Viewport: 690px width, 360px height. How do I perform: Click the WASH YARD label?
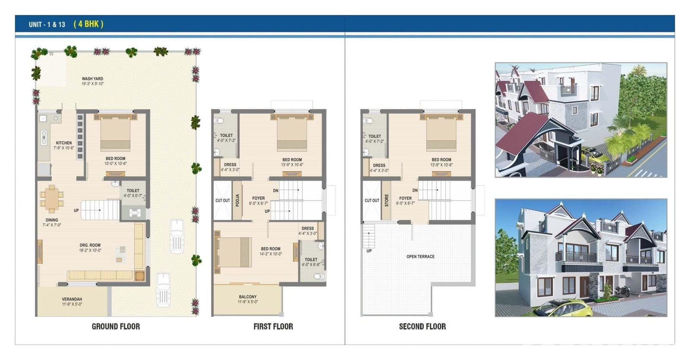pyautogui.click(x=92, y=79)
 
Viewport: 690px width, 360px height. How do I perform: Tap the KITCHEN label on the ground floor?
pyautogui.click(x=64, y=143)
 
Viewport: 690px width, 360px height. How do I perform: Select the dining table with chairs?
pyautogui.click(x=52, y=199)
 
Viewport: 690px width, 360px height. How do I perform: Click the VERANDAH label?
pyautogui.click(x=72, y=299)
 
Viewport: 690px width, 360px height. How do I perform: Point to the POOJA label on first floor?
pyautogui.click(x=238, y=200)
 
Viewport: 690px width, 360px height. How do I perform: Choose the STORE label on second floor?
pyautogui.click(x=386, y=200)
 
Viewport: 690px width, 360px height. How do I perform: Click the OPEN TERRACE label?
pyautogui.click(x=420, y=257)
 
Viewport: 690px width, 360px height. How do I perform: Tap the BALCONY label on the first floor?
pyautogui.click(x=248, y=297)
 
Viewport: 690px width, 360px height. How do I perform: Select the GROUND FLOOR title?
pyautogui.click(x=116, y=326)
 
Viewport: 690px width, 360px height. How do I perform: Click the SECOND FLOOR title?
pyautogui.click(x=422, y=326)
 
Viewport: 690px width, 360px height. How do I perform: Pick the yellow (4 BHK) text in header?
pyautogui.click(x=88, y=24)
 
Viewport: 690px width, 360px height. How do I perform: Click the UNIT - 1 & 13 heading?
pyautogui.click(x=47, y=24)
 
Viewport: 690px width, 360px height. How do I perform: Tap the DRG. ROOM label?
pyautogui.click(x=90, y=245)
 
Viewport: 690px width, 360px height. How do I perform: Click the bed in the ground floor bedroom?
pyautogui.click(x=115, y=132)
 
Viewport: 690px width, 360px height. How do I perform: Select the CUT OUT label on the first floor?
pyautogui.click(x=223, y=200)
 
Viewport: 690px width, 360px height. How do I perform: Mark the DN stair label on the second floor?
pyautogui.click(x=415, y=190)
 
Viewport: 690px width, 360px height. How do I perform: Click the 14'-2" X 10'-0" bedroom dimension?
pyautogui.click(x=271, y=254)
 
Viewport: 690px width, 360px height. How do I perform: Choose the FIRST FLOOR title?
pyautogui.click(x=273, y=326)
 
